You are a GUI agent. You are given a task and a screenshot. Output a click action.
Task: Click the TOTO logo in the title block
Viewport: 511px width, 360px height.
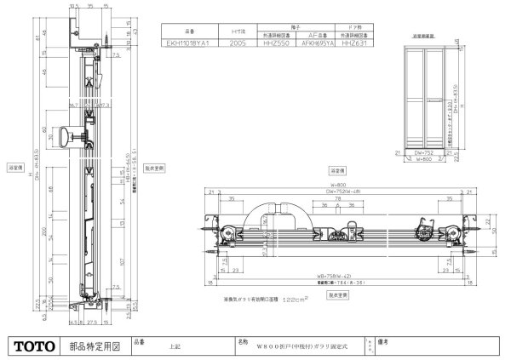click(32, 346)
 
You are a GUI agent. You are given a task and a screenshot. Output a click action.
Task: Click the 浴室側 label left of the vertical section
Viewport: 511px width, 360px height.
click(14, 168)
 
